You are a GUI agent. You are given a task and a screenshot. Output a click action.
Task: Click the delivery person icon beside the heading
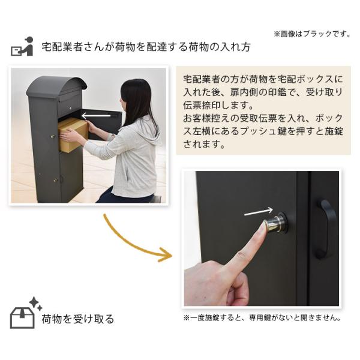pyautogui.click(x=22, y=46)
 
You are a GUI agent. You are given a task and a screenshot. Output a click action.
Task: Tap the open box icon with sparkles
pyautogui.click(x=26, y=313)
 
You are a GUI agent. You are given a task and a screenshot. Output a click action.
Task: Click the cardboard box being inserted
pyautogui.click(x=73, y=134)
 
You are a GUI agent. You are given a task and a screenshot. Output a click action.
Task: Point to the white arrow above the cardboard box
pyautogui.click(x=96, y=116)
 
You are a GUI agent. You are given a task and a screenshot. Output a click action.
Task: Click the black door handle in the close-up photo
pyautogui.click(x=326, y=229)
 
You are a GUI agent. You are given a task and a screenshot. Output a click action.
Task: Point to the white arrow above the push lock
pyautogui.click(x=258, y=211)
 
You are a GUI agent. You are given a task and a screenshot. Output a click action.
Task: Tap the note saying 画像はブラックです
pyautogui.click(x=312, y=34)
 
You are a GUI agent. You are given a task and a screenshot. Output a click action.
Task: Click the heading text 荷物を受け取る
pyautogui.click(x=78, y=319)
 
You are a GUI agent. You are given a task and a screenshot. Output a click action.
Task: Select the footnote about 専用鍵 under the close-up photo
pyautogui.click(x=262, y=318)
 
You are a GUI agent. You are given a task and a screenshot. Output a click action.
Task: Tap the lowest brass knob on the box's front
pyautogui.click(x=55, y=180)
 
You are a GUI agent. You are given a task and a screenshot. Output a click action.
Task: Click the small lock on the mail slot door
pyautogui.click(x=70, y=108)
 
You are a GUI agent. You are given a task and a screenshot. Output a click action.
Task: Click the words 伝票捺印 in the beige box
pyautogui.click(x=202, y=106)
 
